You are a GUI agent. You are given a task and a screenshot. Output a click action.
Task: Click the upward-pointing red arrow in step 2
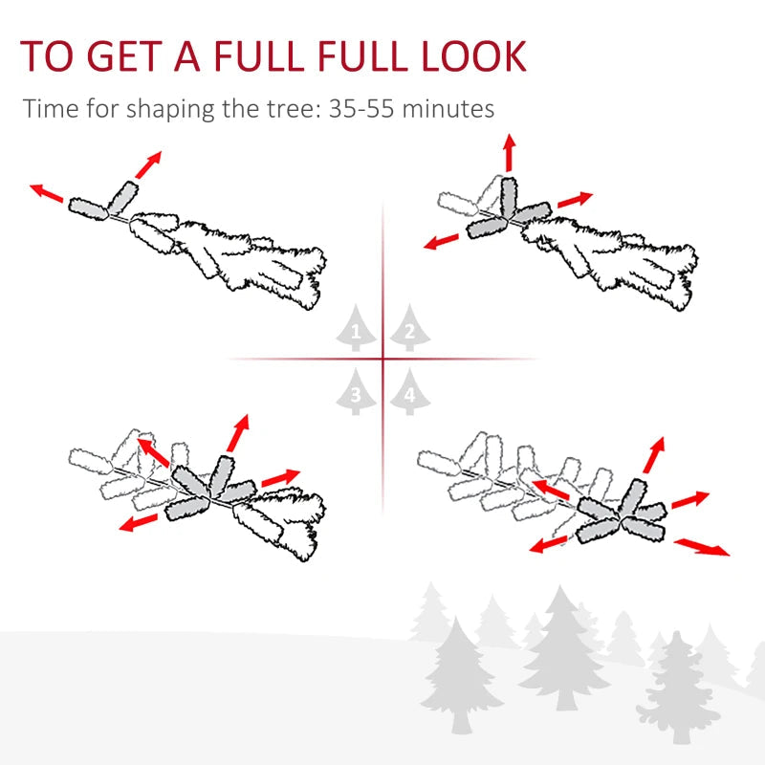pos(509,153)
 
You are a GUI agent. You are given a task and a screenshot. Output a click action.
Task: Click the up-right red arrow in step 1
pos(148,164)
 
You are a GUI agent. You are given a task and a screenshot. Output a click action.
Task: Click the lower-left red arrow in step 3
pos(140,522)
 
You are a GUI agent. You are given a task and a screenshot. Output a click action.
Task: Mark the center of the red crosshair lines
pos(382,360)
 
